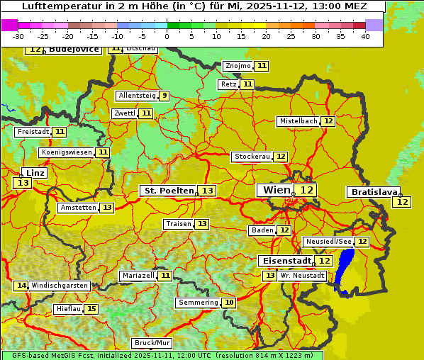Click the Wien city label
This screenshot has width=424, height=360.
(276, 190)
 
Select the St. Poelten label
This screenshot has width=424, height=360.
(169, 191)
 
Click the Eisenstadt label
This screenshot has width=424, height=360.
(284, 261)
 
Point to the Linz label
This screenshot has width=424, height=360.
(35, 173)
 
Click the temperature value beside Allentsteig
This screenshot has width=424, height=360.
(164, 96)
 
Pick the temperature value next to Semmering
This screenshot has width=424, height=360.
(228, 303)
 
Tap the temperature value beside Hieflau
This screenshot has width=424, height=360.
(91, 309)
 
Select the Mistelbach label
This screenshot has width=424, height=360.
(298, 121)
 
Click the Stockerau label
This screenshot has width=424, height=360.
(252, 157)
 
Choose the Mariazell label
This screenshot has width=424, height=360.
(138, 275)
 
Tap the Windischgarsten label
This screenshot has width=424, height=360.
(60, 286)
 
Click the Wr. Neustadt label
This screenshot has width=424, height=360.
(303, 275)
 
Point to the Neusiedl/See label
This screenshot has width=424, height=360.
(328, 242)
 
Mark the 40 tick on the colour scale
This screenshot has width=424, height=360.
(365, 36)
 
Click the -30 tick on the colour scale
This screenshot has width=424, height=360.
(18, 36)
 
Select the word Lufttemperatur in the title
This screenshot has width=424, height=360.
(55, 6)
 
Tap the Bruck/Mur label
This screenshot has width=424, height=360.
(152, 343)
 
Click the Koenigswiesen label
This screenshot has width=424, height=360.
(67, 152)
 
